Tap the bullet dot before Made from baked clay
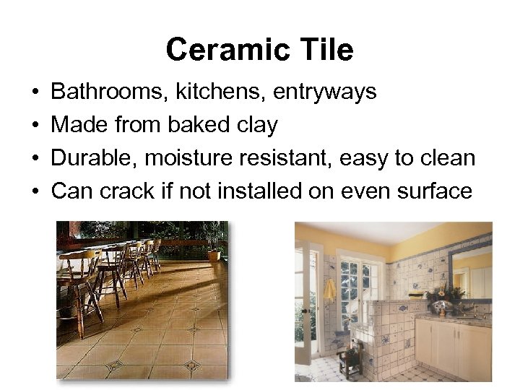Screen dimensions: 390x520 pyautogui.click(x=35, y=126)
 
